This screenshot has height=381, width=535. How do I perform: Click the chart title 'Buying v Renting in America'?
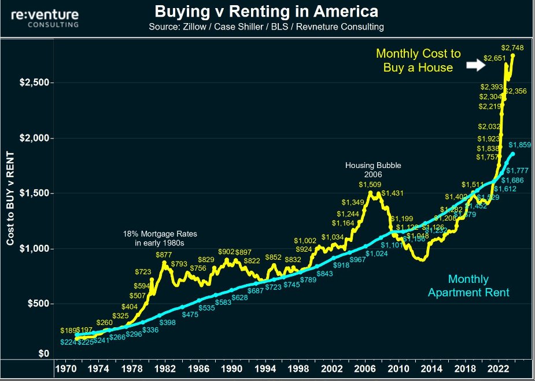(267, 12)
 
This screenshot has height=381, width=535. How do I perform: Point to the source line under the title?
(267, 27)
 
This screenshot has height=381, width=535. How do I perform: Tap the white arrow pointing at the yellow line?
(475, 66)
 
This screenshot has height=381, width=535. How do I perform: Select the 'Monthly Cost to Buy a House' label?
(418, 60)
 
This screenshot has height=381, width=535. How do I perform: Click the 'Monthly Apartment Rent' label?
(468, 286)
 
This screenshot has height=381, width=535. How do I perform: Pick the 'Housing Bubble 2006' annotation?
(372, 170)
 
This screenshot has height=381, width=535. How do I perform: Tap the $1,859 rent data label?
(520, 145)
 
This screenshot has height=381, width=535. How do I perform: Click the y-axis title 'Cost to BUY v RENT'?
(10, 196)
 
